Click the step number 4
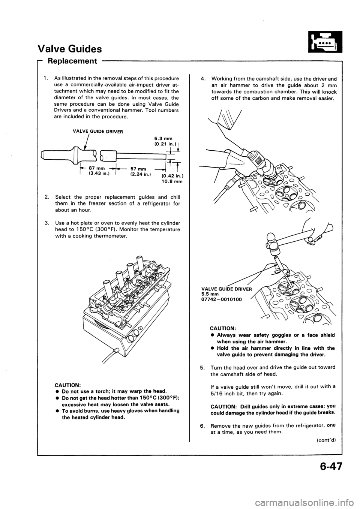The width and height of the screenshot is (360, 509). click(202, 79)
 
